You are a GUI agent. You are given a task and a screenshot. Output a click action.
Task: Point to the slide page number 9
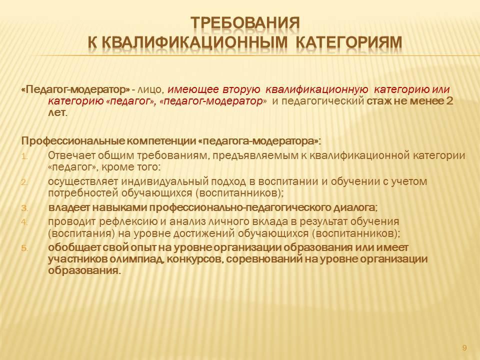(464, 348)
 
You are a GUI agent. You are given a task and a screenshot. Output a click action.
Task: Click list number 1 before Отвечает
(24, 156)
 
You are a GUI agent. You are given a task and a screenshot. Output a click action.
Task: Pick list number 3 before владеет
(24, 208)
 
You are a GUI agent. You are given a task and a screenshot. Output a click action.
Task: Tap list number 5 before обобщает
(24, 248)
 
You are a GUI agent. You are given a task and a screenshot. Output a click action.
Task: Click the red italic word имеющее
(193, 89)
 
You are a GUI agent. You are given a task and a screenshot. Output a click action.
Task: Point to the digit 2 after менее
(449, 100)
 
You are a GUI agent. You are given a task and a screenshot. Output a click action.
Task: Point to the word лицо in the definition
(149, 90)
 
